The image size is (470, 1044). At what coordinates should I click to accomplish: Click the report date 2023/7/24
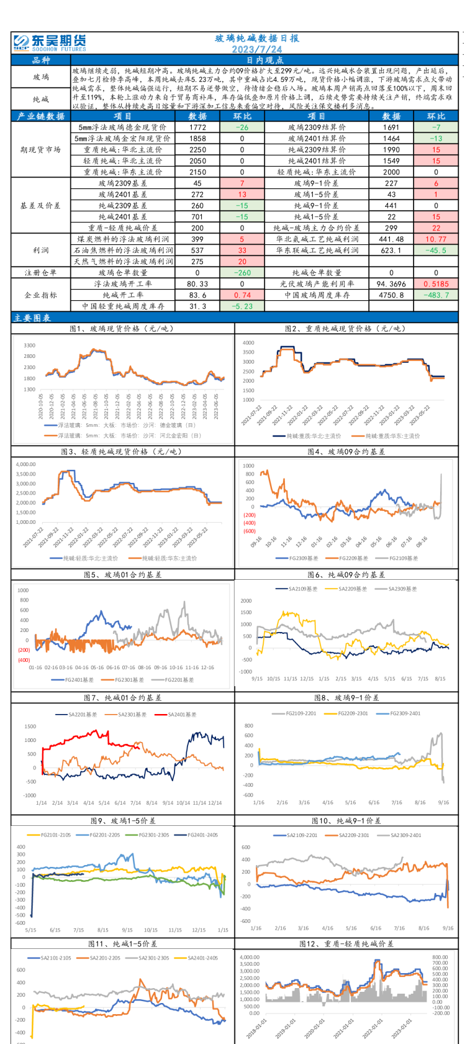pos(256,49)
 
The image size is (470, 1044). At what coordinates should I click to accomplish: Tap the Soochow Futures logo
pos(50,42)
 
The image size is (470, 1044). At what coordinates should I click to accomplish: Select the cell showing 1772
pos(197,127)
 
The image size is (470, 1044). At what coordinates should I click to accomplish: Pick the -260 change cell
pos(242,272)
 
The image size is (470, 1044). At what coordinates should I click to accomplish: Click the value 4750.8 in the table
pos(391,295)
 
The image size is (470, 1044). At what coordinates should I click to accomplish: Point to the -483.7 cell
pos(436,295)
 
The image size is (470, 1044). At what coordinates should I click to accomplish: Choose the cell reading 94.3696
pos(391,284)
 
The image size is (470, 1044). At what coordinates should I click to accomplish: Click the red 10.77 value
pos(436,239)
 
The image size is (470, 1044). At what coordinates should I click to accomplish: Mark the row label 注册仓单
pos(40,273)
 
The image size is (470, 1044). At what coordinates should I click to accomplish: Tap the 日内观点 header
pos(264,60)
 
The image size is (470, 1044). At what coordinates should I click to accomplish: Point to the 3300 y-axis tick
pos(29,346)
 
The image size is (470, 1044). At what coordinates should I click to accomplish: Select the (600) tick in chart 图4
pos(249,531)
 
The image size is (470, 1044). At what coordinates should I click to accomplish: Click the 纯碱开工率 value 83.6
pos(197,295)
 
